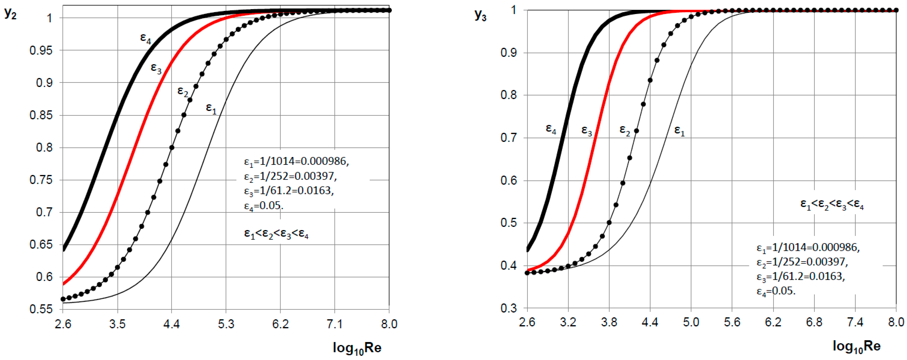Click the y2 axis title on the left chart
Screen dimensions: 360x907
point(10,14)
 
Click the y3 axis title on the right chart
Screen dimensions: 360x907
point(481,15)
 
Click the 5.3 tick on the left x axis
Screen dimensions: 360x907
point(226,324)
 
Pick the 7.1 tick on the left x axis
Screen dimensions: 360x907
point(335,324)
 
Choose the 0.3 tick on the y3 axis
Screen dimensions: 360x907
point(509,308)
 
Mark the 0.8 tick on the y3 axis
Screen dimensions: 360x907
point(509,95)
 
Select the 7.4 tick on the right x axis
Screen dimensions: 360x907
point(855,322)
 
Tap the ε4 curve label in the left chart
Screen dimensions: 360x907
point(145,38)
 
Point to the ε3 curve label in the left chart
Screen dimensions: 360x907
point(156,68)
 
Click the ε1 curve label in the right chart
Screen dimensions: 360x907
point(679,131)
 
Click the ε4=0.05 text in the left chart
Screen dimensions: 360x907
point(263,205)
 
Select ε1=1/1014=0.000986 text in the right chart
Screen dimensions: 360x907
point(808,248)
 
